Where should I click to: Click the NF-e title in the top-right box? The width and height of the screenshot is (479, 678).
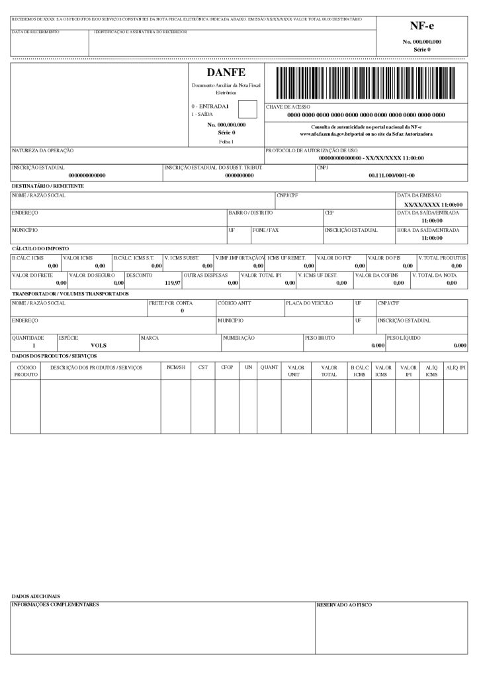point(421,26)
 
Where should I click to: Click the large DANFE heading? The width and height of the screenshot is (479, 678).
point(226,72)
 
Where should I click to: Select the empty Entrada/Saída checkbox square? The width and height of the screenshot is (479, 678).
point(247,109)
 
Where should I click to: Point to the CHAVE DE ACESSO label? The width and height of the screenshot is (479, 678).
point(288,107)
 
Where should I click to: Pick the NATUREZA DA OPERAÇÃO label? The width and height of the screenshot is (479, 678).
point(43,151)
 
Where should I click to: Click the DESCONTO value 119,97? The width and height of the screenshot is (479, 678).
point(172,283)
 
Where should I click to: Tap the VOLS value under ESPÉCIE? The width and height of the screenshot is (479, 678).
point(99,345)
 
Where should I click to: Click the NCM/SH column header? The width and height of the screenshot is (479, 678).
point(176,367)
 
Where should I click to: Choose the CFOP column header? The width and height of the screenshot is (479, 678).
point(228,367)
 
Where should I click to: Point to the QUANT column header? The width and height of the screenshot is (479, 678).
point(269,367)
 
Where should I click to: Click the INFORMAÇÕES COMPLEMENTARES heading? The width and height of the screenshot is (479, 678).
point(55,605)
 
